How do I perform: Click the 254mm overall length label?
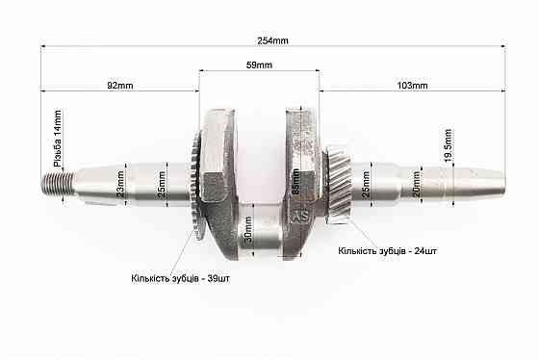[274, 40]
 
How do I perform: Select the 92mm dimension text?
[119, 86]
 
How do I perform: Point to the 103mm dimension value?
[412, 86]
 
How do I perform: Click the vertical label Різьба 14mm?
[58, 141]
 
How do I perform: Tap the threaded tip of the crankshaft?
[56, 182]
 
